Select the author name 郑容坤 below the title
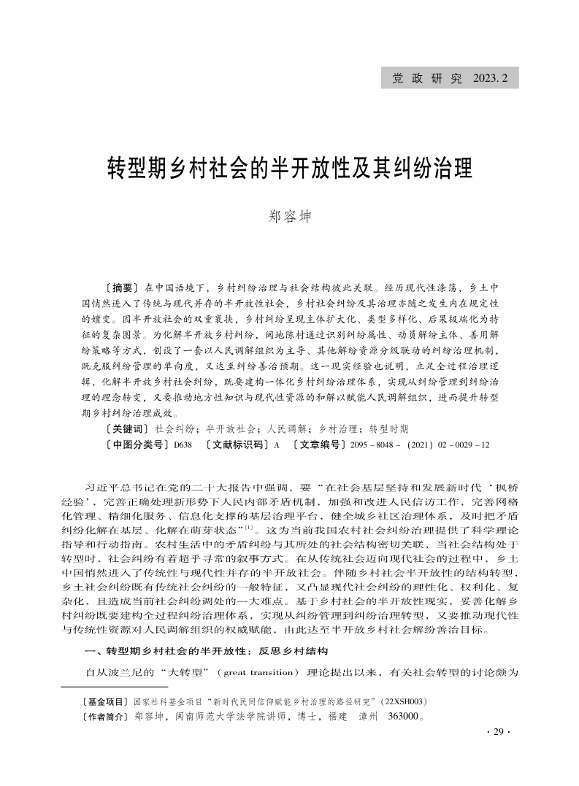click(x=290, y=217)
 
